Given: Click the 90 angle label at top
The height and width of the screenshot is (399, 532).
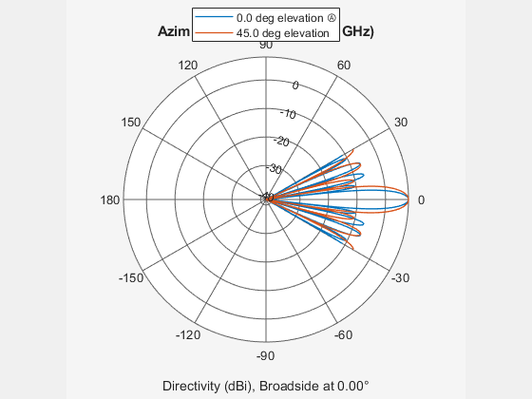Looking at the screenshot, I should click(266, 45).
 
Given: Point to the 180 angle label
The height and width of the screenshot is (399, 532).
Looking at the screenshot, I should click(109, 199).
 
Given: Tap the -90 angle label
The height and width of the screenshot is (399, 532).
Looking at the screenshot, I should click(266, 355).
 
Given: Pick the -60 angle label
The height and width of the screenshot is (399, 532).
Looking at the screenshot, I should click(343, 335).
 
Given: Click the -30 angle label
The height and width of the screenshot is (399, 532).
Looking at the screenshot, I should click(400, 277).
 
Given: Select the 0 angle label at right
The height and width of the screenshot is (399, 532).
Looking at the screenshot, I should click(421, 199).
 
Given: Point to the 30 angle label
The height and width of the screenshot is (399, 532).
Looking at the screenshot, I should click(400, 123).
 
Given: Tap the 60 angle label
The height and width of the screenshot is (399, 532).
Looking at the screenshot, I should click(343, 65).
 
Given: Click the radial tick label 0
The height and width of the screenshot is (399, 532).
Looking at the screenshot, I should click(295, 85).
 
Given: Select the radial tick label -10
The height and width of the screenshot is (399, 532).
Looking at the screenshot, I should click(290, 114).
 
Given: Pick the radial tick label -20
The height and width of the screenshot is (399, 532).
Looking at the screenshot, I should click(282, 142).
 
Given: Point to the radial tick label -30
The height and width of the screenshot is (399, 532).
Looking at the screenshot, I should click(275, 169).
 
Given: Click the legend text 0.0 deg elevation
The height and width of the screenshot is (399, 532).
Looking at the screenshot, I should click(276, 17).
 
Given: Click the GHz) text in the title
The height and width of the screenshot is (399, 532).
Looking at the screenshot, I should click(357, 31).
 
